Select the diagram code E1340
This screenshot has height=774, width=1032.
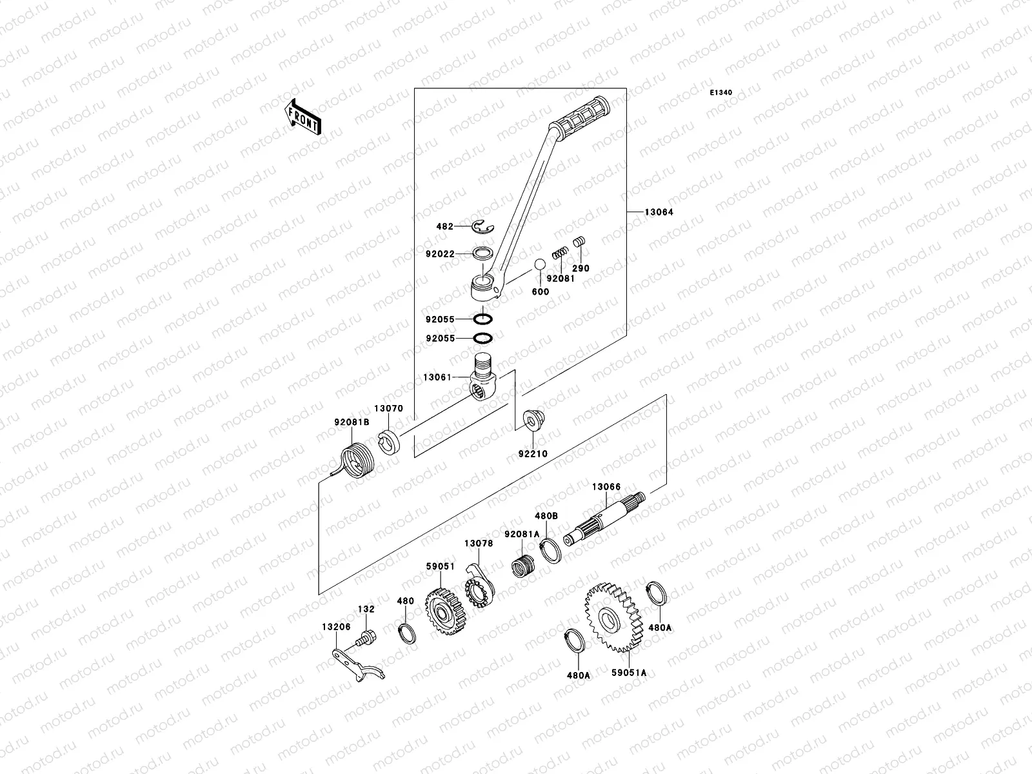721,93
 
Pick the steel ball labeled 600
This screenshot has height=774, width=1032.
539,265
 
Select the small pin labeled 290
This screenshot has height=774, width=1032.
579,241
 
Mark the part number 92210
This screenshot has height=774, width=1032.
532,453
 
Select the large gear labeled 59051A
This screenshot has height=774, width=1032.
611,617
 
